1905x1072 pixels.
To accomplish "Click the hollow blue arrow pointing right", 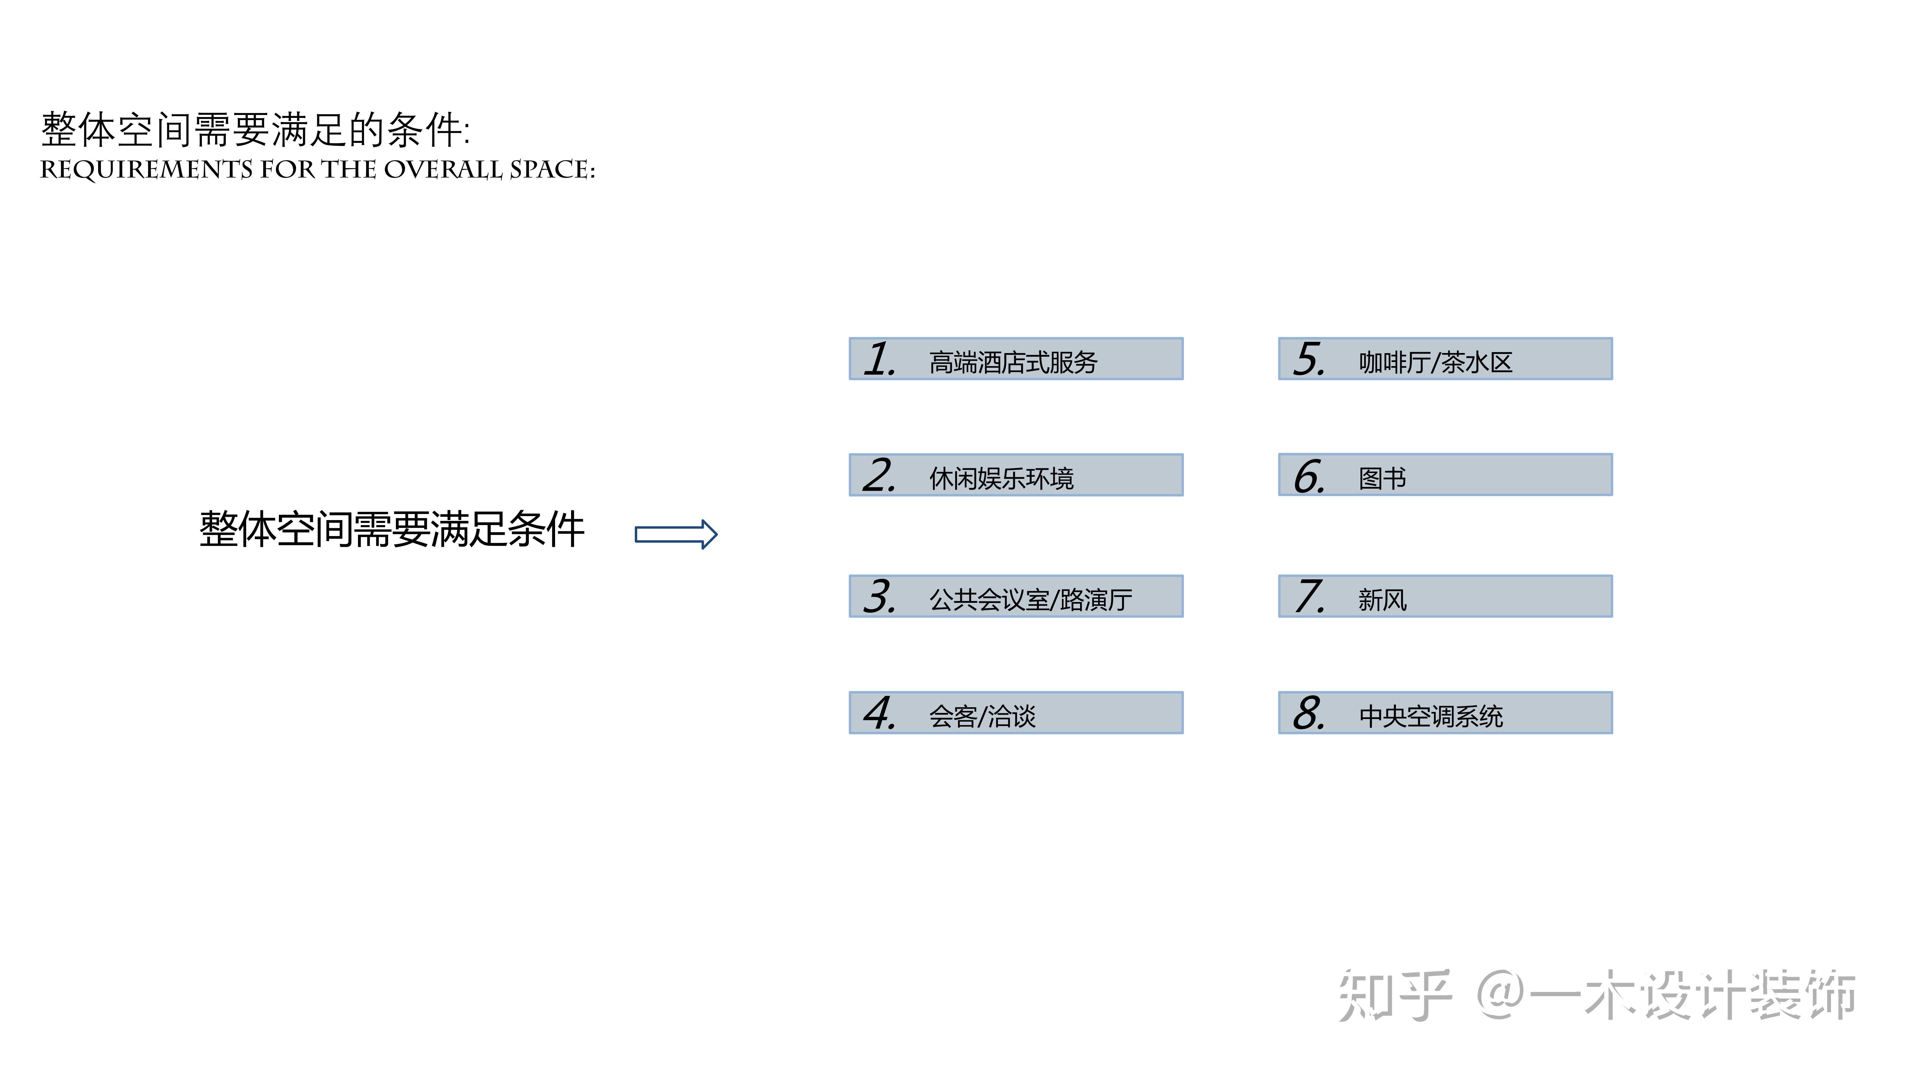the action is click(676, 534).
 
